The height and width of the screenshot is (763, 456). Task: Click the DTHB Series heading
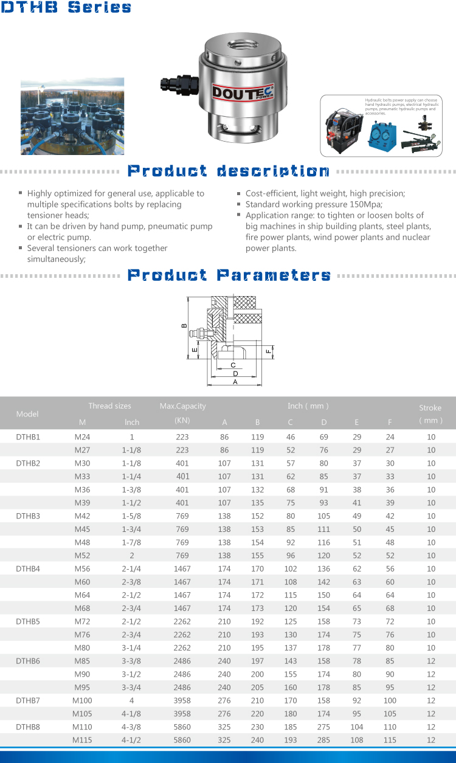pyautogui.click(x=66, y=8)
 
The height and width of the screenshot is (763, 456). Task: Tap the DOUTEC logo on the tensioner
pyautogui.click(x=243, y=92)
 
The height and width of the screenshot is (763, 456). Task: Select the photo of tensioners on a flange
pyautogui.click(x=72, y=116)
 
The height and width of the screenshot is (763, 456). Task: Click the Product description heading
pyautogui.click(x=228, y=171)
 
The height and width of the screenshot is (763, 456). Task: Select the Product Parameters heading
pyautogui.click(x=229, y=275)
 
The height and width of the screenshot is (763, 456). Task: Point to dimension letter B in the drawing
pyautogui.click(x=184, y=325)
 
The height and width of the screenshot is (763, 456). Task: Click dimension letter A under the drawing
pyautogui.click(x=235, y=382)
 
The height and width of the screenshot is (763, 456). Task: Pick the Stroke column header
pyautogui.click(x=430, y=413)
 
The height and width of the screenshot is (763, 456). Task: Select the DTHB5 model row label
pyautogui.click(x=28, y=621)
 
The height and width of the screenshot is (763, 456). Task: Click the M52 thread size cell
pyautogui.click(x=81, y=556)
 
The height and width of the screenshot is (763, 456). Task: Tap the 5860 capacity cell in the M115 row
pyautogui.click(x=182, y=740)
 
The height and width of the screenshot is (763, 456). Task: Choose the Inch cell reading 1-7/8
pyautogui.click(x=132, y=542)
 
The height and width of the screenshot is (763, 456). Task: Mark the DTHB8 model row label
pyautogui.click(x=28, y=727)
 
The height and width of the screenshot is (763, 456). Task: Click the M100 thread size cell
pyautogui.click(x=82, y=700)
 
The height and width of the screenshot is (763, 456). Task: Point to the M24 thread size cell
pyautogui.click(x=81, y=437)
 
